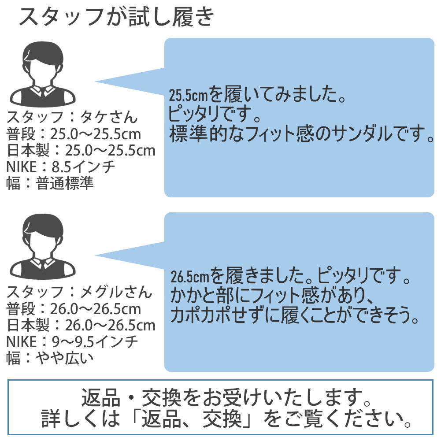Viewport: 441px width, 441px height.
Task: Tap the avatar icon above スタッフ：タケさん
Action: coord(43,74)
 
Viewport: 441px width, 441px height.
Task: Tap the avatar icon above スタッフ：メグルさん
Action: coord(43,247)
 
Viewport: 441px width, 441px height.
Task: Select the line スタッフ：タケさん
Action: coord(72,117)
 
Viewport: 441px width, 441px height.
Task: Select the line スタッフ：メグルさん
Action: coord(79,292)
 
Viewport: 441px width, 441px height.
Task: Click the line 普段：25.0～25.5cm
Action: coord(74,134)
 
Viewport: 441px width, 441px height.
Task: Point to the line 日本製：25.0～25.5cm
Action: coord(81,151)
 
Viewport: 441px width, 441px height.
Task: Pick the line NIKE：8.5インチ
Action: coord(60,167)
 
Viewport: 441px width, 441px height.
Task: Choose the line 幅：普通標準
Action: coord(50,183)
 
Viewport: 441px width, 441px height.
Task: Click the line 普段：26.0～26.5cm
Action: coord(74,309)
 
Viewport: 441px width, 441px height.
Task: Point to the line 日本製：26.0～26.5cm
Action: coord(81,326)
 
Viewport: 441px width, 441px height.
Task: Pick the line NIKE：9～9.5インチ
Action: coord(72,342)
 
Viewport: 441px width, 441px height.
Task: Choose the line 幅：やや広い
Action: coord(50,358)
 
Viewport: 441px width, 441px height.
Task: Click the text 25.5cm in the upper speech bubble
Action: coord(188,95)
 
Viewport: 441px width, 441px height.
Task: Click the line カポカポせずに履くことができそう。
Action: coord(294,315)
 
